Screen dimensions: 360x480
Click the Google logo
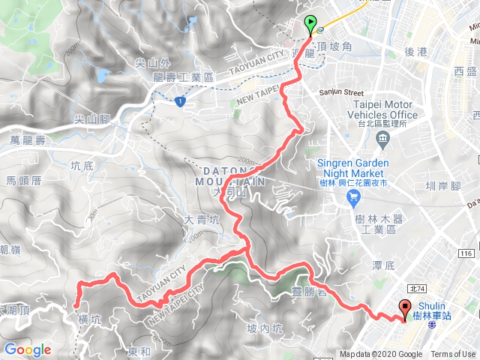tap(27, 349)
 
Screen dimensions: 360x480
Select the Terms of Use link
tap(452, 355)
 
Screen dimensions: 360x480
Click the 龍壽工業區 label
tap(183, 77)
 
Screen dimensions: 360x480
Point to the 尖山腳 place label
tap(94, 118)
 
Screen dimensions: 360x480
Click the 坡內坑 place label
tap(265, 328)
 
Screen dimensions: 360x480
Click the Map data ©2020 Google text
tap(380, 355)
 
